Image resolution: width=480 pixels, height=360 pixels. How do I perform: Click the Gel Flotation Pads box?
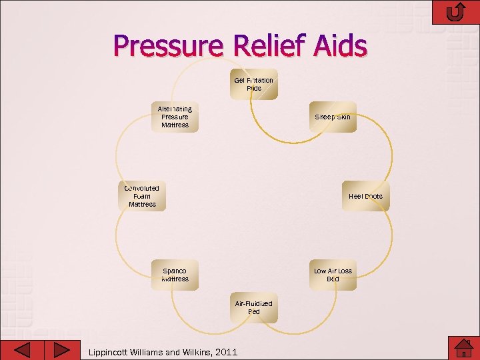(254, 84)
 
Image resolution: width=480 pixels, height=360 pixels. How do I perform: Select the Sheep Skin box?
(333, 117)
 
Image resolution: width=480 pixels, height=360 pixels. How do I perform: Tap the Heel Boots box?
(365, 196)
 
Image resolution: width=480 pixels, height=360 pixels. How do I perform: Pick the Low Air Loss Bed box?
(333, 275)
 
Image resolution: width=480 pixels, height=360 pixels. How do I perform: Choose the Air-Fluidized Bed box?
(254, 307)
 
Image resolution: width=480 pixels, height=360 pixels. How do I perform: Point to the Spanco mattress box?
(175, 275)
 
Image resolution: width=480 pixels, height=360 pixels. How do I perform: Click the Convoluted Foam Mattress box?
(142, 196)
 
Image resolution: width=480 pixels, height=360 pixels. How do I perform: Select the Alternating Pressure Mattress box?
(175, 117)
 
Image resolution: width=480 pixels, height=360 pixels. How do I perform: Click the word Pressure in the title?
(169, 47)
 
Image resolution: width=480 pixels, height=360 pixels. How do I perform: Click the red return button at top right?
(456, 12)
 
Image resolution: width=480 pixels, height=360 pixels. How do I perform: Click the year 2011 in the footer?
(224, 352)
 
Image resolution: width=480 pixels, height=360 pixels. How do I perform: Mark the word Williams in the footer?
(150, 352)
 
